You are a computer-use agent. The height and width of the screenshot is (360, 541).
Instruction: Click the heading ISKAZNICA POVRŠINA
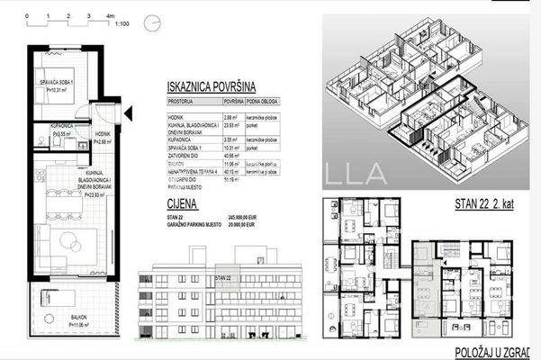211,87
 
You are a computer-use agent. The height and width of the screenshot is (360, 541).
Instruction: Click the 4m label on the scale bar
110,16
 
